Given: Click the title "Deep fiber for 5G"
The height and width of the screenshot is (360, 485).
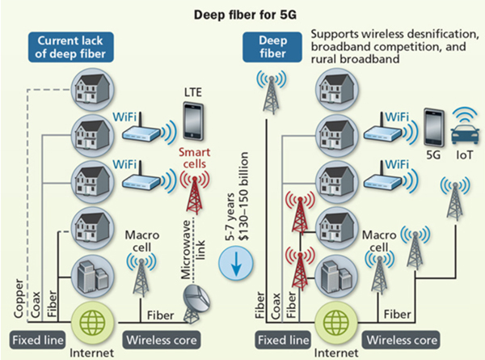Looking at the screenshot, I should click(x=242, y=14).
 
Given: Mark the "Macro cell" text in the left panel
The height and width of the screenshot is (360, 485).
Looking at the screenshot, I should click(x=142, y=241).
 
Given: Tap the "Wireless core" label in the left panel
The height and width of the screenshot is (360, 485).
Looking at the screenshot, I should click(x=160, y=337).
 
